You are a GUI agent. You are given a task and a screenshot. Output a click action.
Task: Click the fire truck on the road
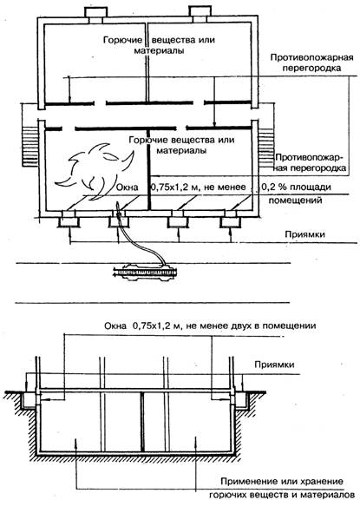click(x=145, y=272)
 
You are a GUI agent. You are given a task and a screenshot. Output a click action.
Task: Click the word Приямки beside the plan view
click(x=304, y=234)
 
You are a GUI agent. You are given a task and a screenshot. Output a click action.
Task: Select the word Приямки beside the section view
click(x=274, y=365)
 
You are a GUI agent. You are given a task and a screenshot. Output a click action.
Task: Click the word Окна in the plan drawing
click(x=128, y=187)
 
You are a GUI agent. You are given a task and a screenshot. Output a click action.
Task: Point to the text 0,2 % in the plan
click(x=272, y=187)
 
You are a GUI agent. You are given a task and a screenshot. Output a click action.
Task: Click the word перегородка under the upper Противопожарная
click(x=311, y=68)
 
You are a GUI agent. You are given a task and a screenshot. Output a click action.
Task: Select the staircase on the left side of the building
click(x=30, y=147)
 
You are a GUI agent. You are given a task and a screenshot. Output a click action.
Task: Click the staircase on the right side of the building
click(x=266, y=148)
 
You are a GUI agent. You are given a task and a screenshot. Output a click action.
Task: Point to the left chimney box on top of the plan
click(x=95, y=15)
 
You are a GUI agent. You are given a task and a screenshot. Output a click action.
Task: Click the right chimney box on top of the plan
click(x=200, y=15)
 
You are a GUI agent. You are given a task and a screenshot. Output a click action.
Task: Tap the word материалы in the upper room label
click(x=159, y=50)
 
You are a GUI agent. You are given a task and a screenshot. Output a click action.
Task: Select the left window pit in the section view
click(x=28, y=400)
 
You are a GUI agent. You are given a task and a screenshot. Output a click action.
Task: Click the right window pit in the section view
click(x=243, y=400)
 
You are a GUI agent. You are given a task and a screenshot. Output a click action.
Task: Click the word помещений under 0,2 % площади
click(x=295, y=200)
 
